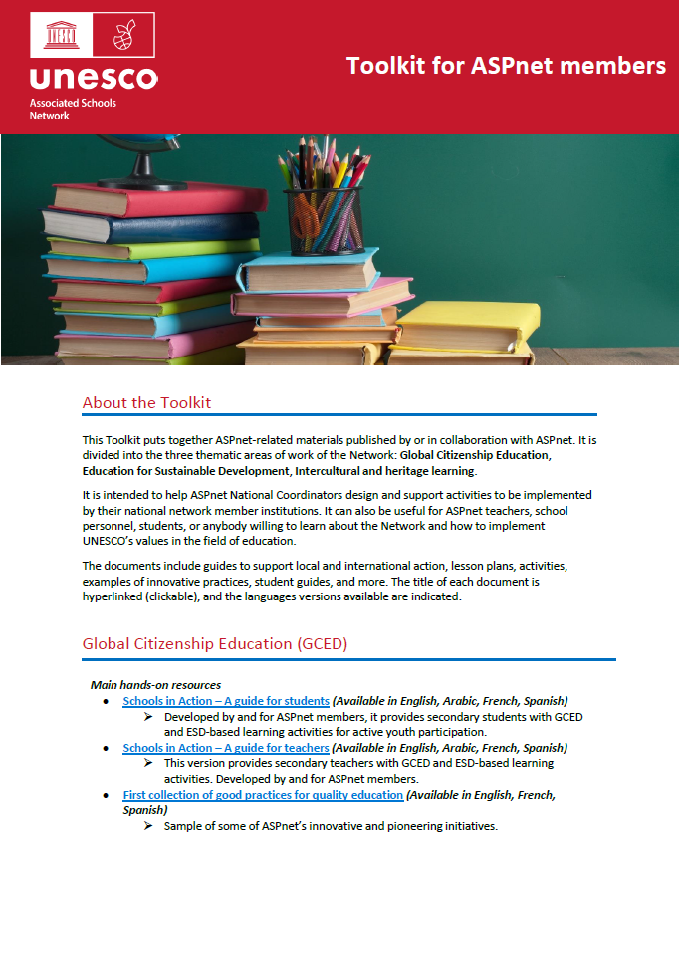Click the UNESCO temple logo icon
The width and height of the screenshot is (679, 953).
pos(61,36)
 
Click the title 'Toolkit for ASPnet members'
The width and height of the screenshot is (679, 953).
pos(506,66)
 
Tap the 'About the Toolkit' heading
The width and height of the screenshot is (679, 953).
pos(146,402)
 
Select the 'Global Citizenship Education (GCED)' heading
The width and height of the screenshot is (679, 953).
pos(214,643)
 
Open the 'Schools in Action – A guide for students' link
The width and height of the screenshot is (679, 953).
pos(226,701)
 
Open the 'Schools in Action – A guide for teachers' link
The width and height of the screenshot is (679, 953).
pos(225,748)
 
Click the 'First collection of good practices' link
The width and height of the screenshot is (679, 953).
pos(263,795)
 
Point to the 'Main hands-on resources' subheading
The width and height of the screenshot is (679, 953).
pos(155,685)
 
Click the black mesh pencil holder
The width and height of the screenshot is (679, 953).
pos(324,220)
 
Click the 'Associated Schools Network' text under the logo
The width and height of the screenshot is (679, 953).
pos(73,110)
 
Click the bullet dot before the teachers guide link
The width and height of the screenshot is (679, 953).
pos(107,749)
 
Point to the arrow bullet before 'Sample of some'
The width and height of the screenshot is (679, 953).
pos(148,827)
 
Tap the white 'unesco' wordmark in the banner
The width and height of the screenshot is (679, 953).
pos(94,78)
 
